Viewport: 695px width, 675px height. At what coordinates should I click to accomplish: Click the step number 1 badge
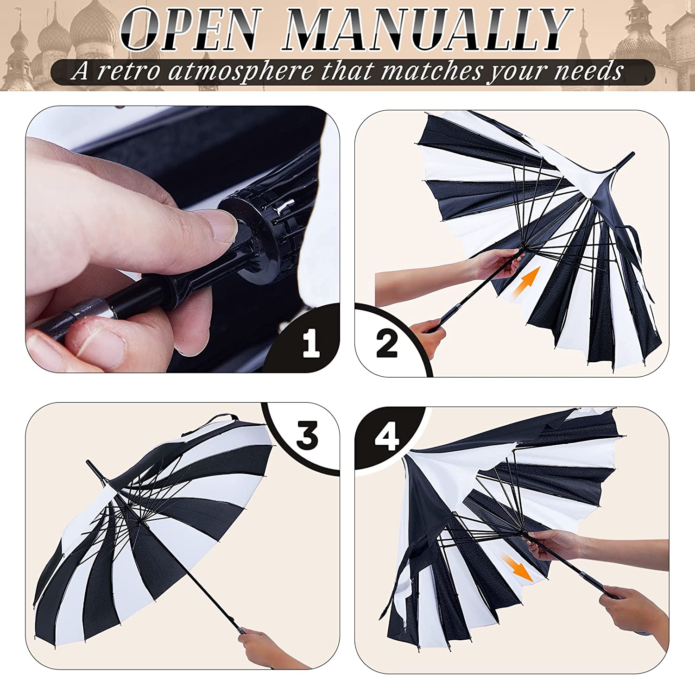coord(311,343)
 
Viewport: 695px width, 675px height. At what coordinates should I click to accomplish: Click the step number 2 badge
coord(387,343)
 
